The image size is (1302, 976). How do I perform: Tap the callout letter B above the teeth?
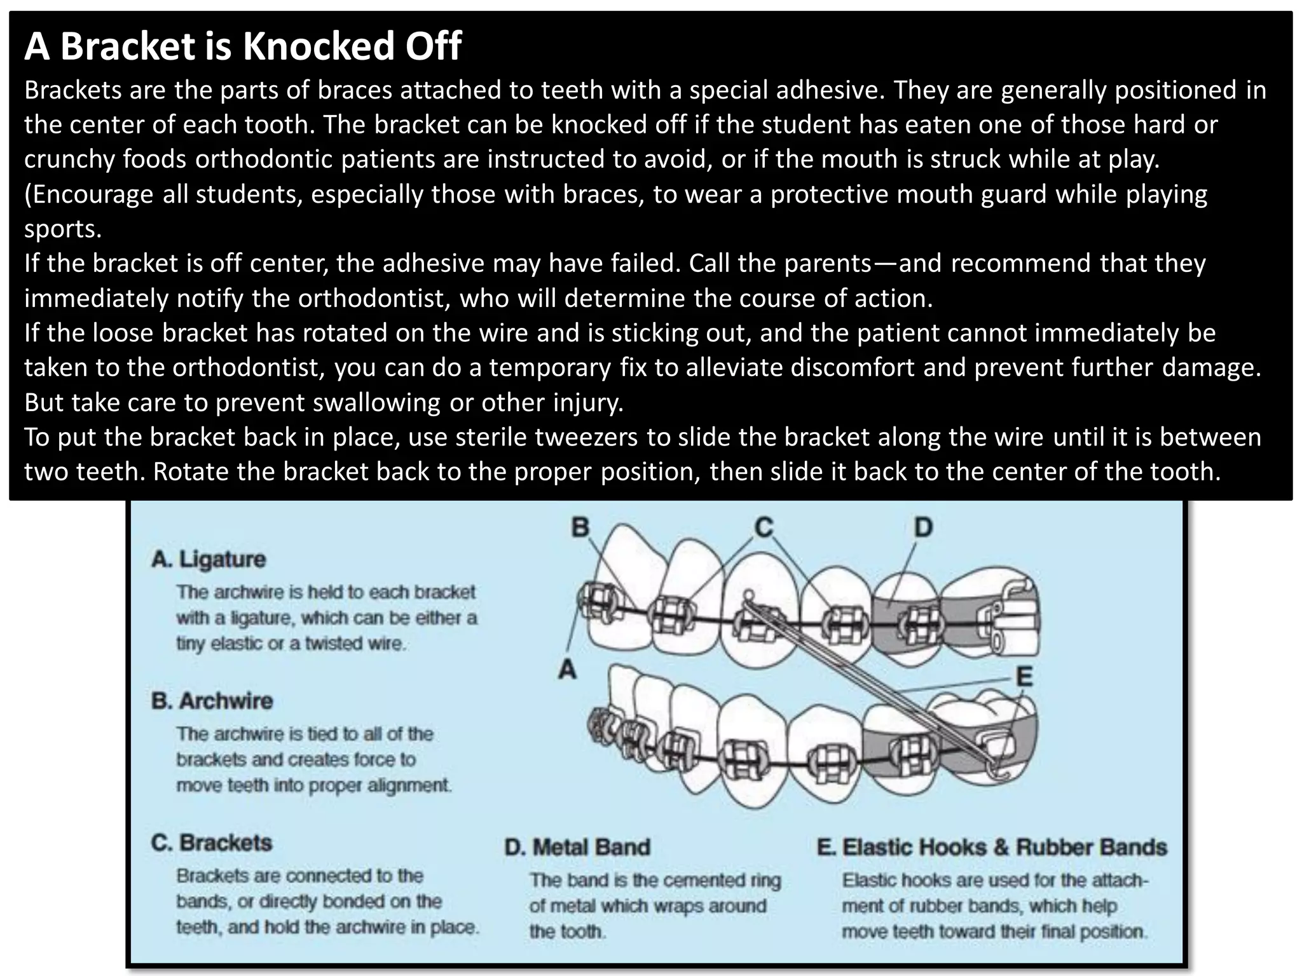pos(580,527)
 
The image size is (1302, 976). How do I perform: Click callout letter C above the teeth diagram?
pos(764,527)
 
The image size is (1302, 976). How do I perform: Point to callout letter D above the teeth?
pos(923,527)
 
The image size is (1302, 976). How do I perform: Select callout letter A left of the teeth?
pos(567,669)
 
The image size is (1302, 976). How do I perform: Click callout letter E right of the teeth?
pos(1024,677)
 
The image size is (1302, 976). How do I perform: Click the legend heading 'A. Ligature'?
pos(209,559)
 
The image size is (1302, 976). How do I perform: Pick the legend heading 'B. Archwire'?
pos(212,701)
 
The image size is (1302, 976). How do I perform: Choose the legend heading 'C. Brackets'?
pos(211,843)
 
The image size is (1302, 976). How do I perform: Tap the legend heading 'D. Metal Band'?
pos(577,847)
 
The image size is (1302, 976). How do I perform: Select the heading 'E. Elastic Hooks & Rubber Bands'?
pos(992,847)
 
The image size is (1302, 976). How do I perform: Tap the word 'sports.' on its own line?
pos(63,229)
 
